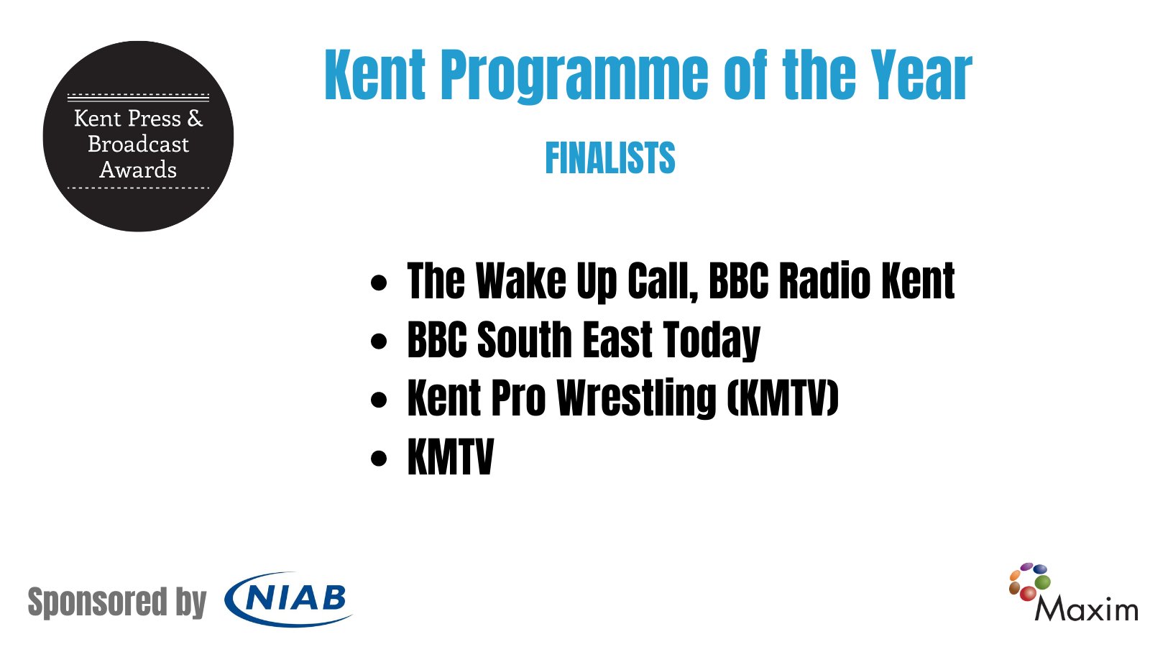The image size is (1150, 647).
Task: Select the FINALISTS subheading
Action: (x=609, y=158)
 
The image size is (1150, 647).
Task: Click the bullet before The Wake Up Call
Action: (x=379, y=282)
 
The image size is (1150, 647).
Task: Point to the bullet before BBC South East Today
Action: (x=379, y=341)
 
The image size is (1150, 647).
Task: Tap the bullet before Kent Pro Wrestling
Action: (x=379, y=400)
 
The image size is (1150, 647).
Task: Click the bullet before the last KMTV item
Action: (x=379, y=459)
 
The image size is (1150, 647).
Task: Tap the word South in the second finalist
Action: (x=525, y=339)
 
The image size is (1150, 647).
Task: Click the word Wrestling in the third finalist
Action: (x=637, y=398)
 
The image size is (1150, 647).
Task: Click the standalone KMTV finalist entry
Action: (x=451, y=457)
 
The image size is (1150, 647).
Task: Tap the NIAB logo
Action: (x=289, y=599)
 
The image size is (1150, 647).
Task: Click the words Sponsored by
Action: (x=116, y=602)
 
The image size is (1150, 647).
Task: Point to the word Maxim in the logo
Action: (x=1086, y=610)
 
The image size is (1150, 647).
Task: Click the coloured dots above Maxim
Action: (x=1029, y=581)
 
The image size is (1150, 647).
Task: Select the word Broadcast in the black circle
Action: (x=138, y=144)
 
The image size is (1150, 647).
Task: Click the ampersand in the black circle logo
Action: (x=195, y=118)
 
